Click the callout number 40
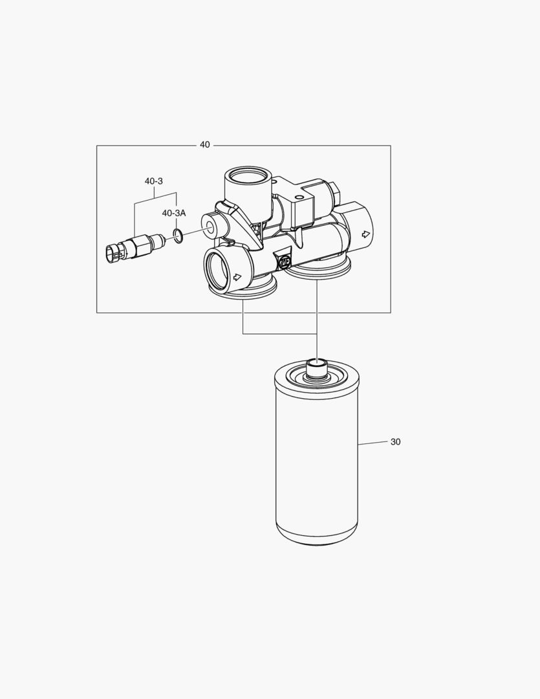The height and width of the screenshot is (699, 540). [x=204, y=145]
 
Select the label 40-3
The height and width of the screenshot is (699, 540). [x=153, y=181]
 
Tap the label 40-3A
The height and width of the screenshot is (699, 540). [x=173, y=213]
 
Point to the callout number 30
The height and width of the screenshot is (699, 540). [x=395, y=442]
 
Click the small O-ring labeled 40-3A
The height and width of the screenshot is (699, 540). [x=179, y=236]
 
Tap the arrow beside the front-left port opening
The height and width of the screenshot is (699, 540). [x=237, y=277]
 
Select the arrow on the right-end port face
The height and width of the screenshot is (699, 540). [x=366, y=233]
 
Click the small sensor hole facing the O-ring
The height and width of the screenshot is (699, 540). [x=211, y=228]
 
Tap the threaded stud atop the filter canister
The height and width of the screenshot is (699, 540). [x=316, y=369]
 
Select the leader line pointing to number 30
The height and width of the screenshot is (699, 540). [x=372, y=443]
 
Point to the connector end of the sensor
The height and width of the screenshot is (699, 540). [x=112, y=253]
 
